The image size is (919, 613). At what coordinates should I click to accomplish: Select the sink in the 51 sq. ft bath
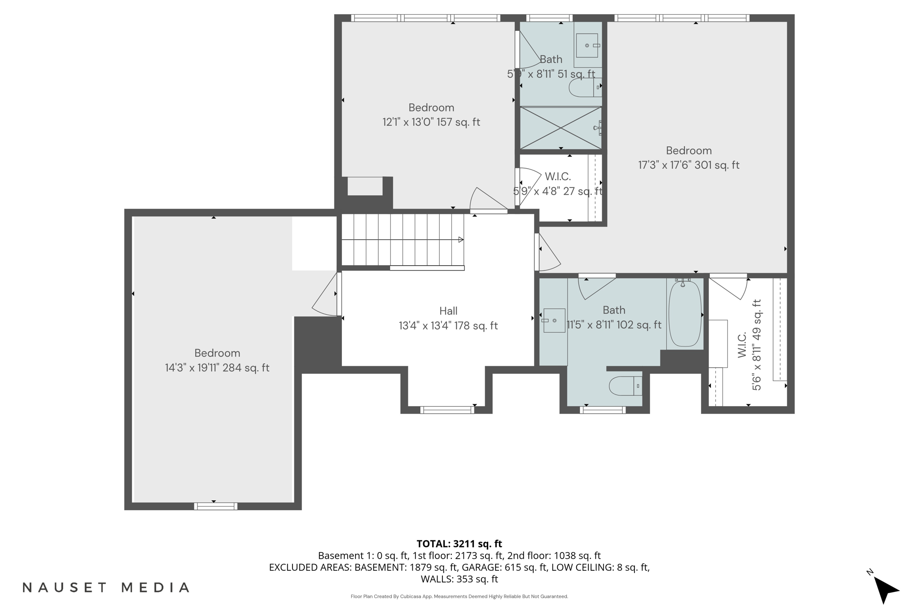[587, 45]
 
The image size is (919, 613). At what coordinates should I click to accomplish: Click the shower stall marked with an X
[560, 127]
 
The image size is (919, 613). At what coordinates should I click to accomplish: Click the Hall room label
[448, 311]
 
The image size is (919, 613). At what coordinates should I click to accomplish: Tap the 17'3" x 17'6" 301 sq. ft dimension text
[688, 165]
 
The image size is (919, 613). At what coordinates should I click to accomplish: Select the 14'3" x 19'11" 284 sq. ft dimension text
[217, 368]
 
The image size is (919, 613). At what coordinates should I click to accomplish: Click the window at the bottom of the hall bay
[447, 409]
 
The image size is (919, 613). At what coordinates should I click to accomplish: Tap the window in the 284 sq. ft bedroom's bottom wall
[216, 506]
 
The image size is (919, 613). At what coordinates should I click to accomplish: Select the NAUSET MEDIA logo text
[106, 587]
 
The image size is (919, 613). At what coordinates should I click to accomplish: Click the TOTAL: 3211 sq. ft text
[459, 544]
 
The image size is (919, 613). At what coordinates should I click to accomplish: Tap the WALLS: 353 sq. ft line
[459, 579]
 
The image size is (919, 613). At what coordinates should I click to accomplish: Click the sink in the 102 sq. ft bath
[554, 320]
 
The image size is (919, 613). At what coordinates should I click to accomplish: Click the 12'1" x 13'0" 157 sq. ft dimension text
[431, 122]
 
